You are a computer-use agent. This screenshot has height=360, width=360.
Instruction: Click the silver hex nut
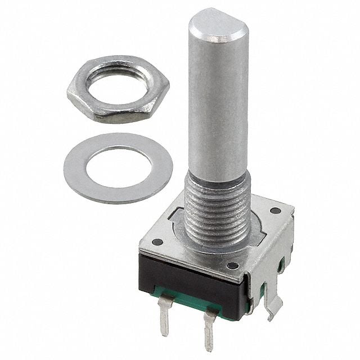pos(90,107)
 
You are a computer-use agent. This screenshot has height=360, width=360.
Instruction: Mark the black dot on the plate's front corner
pos(231,265)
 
